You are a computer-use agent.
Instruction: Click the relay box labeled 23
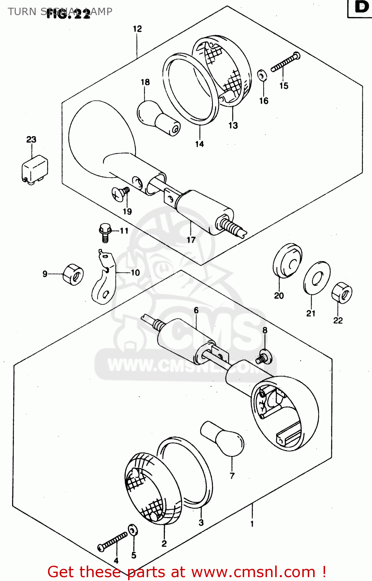tap(35, 169)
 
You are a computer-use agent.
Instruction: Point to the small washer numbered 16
tap(262, 75)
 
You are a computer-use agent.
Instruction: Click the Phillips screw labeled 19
tap(120, 193)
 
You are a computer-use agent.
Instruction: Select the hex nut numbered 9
tap(73, 275)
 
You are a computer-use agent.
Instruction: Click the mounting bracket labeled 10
tap(104, 279)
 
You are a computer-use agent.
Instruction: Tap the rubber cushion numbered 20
tap(287, 260)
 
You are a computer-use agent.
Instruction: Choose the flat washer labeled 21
tap(317, 278)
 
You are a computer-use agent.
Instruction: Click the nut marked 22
tap(342, 293)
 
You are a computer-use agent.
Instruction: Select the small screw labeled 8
tap(264, 357)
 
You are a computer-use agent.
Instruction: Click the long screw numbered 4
tap(112, 541)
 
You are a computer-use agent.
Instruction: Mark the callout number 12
tap(137, 29)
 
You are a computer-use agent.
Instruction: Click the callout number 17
tap(191, 240)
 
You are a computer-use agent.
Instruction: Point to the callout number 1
tap(252, 524)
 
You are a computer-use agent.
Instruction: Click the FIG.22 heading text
tap(68, 14)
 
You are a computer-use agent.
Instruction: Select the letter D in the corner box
tap(361, 7)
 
